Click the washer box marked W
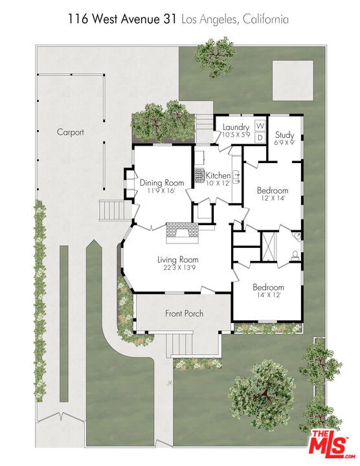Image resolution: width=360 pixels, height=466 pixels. pyautogui.click(x=260, y=126)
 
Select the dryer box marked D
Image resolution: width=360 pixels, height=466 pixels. pyautogui.click(x=260, y=138)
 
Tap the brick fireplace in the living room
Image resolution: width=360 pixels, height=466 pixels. pyautogui.click(x=182, y=233)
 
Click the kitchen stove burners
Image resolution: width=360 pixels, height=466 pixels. pyautogui.click(x=199, y=175)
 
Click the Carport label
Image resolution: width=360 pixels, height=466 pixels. pyautogui.click(x=71, y=132)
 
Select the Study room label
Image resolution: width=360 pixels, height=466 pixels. pyautogui.click(x=284, y=135)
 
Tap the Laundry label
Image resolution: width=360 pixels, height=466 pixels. pyautogui.click(x=236, y=128)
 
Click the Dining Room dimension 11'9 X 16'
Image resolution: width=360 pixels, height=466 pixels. pyautogui.click(x=161, y=191)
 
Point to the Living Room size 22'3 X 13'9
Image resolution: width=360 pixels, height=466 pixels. pyautogui.click(x=177, y=267)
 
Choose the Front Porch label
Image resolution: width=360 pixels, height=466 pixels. pyautogui.click(x=185, y=313)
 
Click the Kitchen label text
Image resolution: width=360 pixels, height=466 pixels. pyautogui.click(x=218, y=175)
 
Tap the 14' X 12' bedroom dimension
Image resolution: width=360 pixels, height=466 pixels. pyautogui.click(x=269, y=295)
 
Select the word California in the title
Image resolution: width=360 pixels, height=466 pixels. pyautogui.click(x=265, y=19)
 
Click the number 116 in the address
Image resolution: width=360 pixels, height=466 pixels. pyautogui.click(x=78, y=19)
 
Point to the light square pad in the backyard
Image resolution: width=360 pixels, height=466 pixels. pyautogui.click(x=293, y=80)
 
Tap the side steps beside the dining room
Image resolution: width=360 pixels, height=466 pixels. pyautogui.click(x=115, y=210)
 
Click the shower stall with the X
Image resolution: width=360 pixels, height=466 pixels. pyautogui.click(x=269, y=247)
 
